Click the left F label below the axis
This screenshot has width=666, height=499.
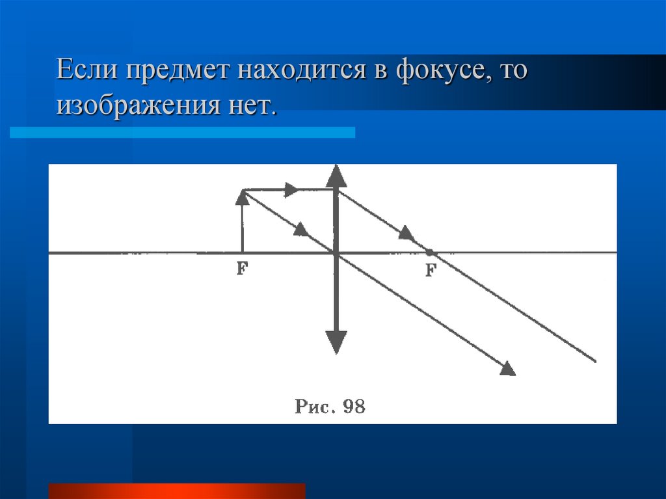click(242, 268)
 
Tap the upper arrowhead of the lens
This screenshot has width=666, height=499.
click(336, 176)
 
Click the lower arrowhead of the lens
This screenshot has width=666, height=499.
click(336, 342)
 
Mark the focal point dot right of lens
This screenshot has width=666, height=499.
click(429, 252)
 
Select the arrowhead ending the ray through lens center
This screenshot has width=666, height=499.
click(508, 369)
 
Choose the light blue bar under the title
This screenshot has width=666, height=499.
click(183, 132)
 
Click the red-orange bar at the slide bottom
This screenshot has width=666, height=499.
click(177, 491)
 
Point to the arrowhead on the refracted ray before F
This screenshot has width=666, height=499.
click(406, 233)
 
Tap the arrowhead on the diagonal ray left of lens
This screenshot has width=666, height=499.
click(300, 229)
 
